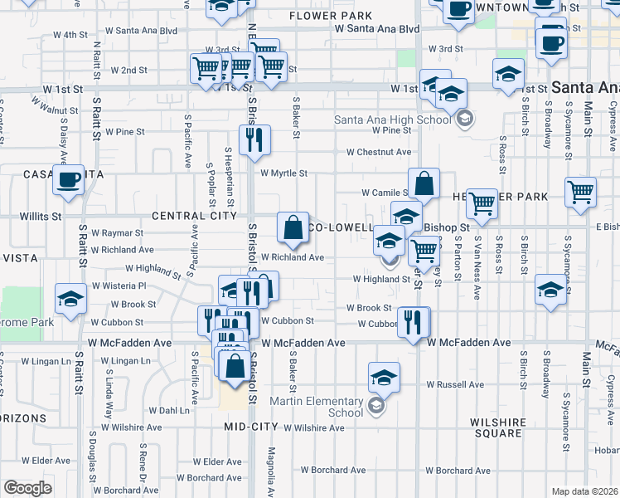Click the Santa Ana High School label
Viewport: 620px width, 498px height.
coord(393,119)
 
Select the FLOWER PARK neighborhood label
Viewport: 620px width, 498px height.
coord(318,16)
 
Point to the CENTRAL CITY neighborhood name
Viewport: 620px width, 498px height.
coord(189,216)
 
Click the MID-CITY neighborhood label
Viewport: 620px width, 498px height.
coord(251,427)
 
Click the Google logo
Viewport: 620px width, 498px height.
coord(27,487)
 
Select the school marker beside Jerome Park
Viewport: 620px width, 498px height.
coord(71,298)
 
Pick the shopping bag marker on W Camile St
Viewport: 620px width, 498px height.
coord(424,184)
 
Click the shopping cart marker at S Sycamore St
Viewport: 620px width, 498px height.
coord(581,191)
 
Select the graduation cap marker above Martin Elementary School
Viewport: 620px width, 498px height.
coord(384,377)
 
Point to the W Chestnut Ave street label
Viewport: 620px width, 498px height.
coord(379,153)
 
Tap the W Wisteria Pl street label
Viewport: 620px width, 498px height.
coord(119,286)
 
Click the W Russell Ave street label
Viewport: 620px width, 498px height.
coord(455,385)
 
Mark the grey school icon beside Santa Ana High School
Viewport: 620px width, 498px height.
coord(465,118)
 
